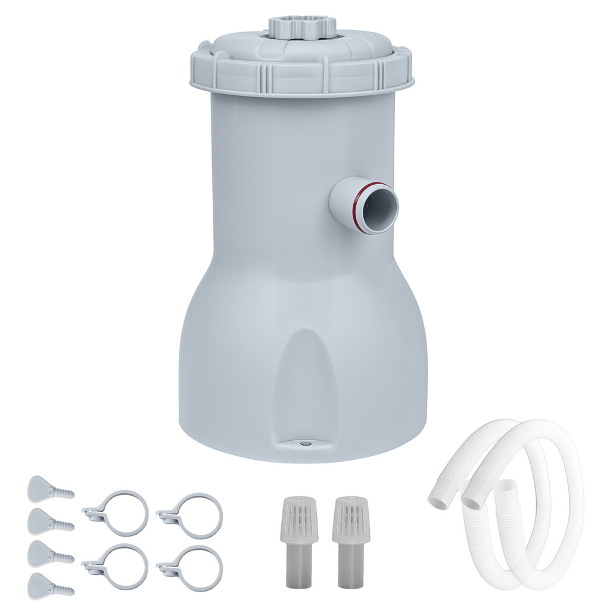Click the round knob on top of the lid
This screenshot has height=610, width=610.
301,26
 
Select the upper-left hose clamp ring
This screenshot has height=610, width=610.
119,512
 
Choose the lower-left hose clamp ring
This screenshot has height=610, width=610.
119,566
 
